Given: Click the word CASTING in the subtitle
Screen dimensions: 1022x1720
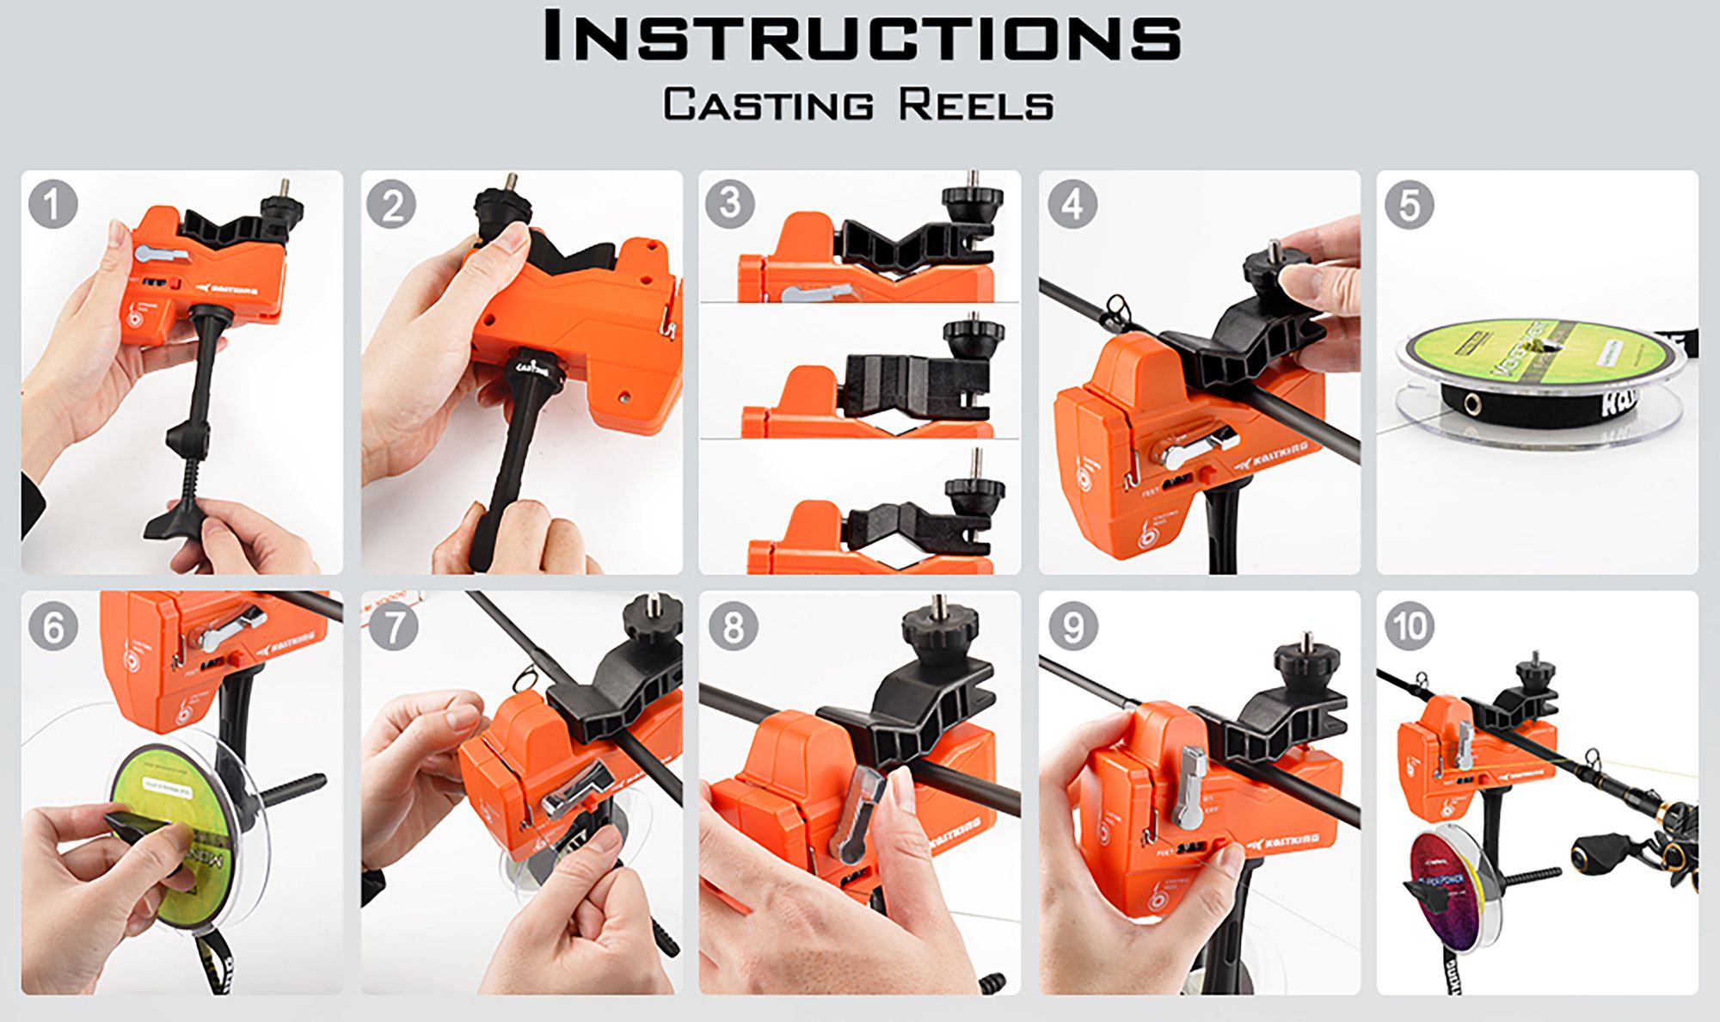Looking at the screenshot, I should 768,105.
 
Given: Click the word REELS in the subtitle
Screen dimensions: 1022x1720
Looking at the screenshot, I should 976,105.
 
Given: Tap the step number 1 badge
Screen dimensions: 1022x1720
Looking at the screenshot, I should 52,205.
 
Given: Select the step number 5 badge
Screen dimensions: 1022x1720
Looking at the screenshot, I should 1409,205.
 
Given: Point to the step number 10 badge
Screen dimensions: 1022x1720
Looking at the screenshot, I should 1409,625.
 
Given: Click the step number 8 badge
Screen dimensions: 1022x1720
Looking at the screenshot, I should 733,625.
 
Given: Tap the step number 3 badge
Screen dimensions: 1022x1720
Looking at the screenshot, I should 729,204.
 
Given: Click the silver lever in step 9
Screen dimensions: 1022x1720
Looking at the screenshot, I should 1191,787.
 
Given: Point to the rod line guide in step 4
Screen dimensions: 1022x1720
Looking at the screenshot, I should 1116,307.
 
